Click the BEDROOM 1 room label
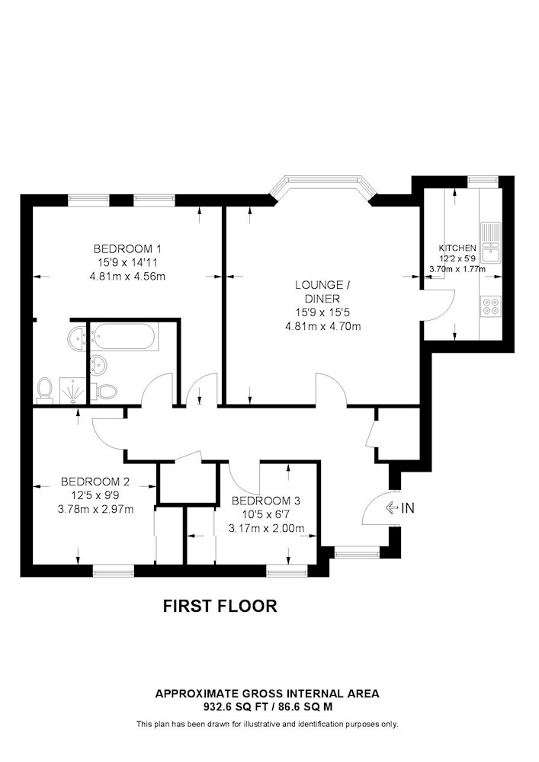coord(127,248)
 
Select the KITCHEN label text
coord(457,248)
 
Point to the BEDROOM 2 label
coord(95,482)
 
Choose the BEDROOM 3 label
coord(266,501)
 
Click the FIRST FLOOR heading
coord(220,607)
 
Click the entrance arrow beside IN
coord(392,508)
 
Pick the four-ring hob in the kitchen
coord(490,306)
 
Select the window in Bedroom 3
coord(287,568)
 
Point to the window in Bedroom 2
coord(113,568)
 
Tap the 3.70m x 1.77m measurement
coord(457,268)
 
